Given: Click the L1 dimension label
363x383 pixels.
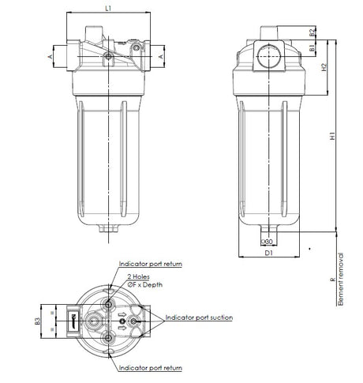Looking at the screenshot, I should point(109,7).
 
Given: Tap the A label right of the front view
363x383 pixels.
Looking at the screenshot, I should point(163,57).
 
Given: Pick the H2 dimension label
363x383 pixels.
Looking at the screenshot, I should point(324,69).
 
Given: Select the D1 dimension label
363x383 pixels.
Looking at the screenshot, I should point(268,253).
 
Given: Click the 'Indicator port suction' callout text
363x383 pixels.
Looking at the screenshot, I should point(199,317).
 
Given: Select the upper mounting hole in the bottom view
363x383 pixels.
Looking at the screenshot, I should point(108,300).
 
